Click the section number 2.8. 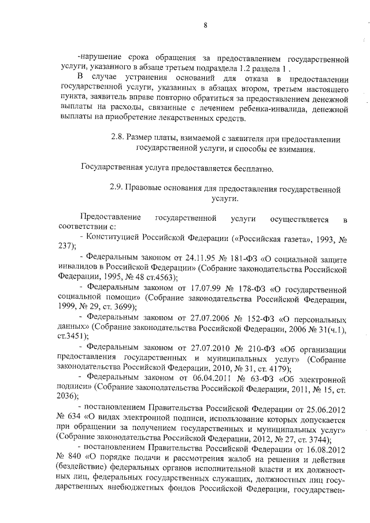tap(117, 139)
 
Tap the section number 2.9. tap(116, 188)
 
